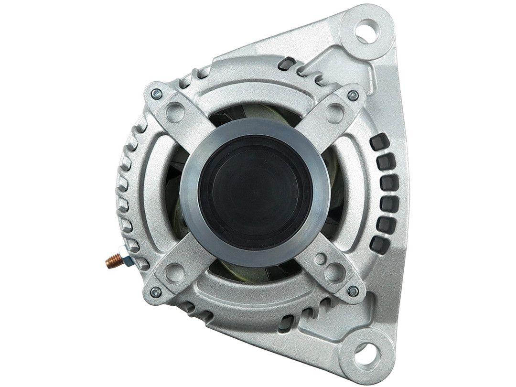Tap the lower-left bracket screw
click(155, 291)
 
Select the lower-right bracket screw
click(353, 290)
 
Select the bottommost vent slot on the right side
click(379, 245)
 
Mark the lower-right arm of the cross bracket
click(330, 268)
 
